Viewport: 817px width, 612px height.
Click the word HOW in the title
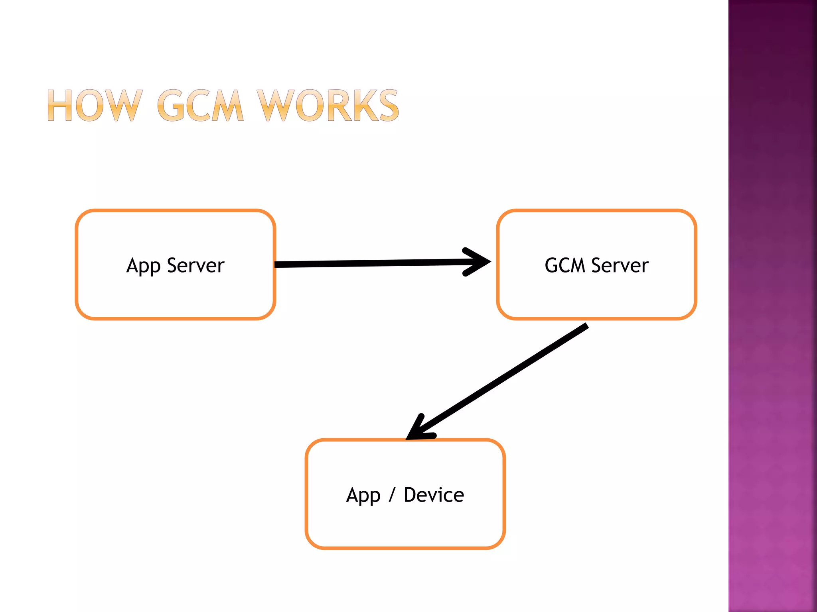(x=95, y=105)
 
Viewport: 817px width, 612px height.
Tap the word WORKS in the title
(x=327, y=105)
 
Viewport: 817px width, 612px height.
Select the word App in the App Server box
(x=143, y=266)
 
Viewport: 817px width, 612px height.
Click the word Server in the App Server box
(x=195, y=265)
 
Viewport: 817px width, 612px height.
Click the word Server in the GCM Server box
(x=620, y=265)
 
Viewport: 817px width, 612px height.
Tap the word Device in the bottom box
(x=434, y=495)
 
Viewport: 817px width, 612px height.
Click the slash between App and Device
(x=392, y=495)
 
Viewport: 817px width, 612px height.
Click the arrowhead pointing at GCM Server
(x=479, y=262)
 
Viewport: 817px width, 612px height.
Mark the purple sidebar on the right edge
(x=772, y=306)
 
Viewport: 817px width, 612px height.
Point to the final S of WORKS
(x=389, y=105)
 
